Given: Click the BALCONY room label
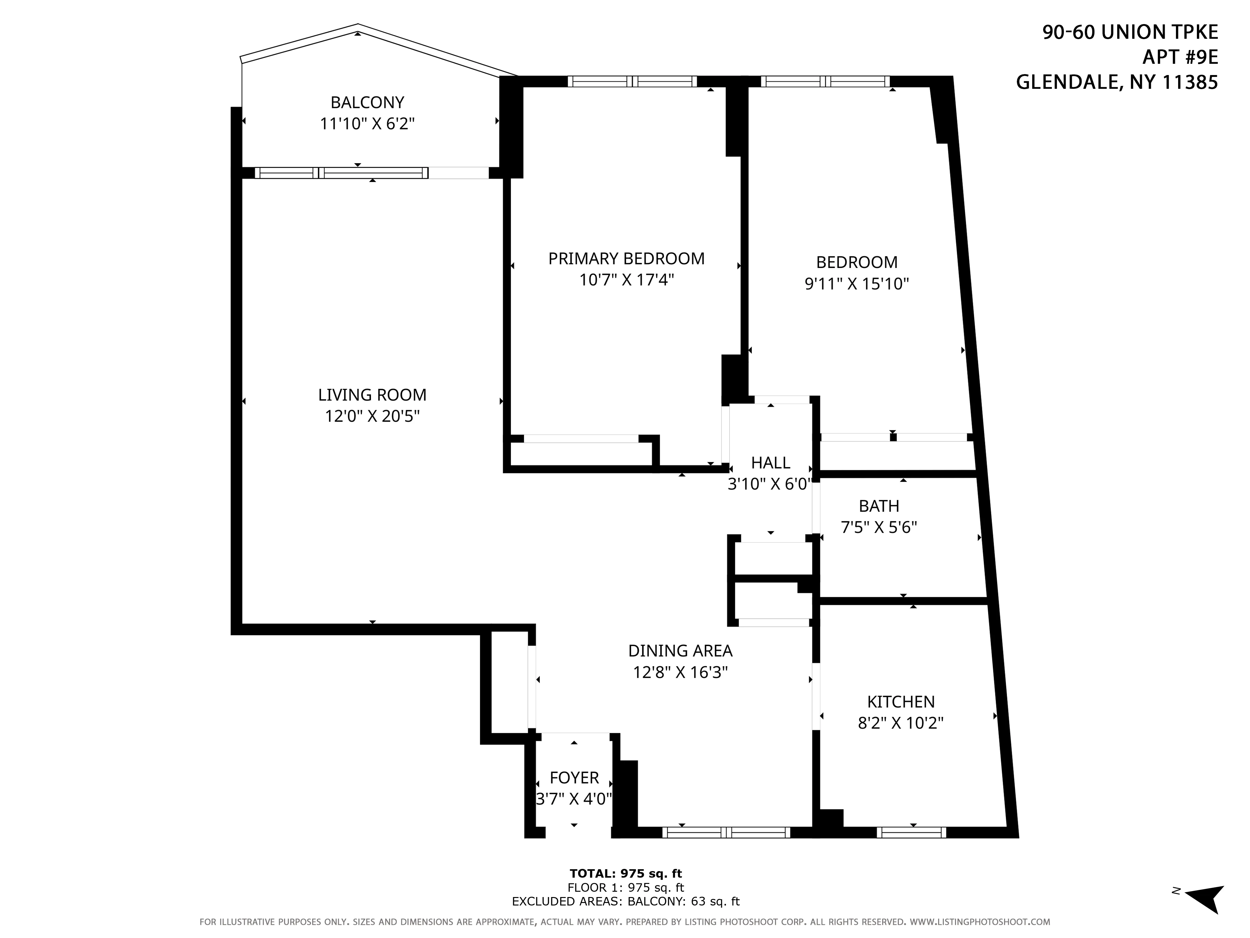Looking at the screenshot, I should (367, 102).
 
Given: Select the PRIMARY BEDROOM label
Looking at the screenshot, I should (626, 258).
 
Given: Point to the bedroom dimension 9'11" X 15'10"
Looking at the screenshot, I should (856, 283).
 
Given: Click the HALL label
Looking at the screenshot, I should (770, 462).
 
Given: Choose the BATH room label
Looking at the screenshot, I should (879, 506).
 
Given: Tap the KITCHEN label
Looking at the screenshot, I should (901, 702).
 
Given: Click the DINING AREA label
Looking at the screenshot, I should (680, 651).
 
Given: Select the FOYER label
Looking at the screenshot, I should (574, 777).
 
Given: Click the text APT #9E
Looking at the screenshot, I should (1180, 57).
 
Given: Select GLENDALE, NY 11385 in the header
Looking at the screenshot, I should (1117, 83).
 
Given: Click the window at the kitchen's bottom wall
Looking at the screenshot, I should (911, 832).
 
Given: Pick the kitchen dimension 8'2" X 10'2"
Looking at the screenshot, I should (901, 723).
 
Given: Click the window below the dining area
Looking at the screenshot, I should (726, 832).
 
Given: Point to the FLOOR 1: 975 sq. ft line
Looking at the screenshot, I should (626, 888).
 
